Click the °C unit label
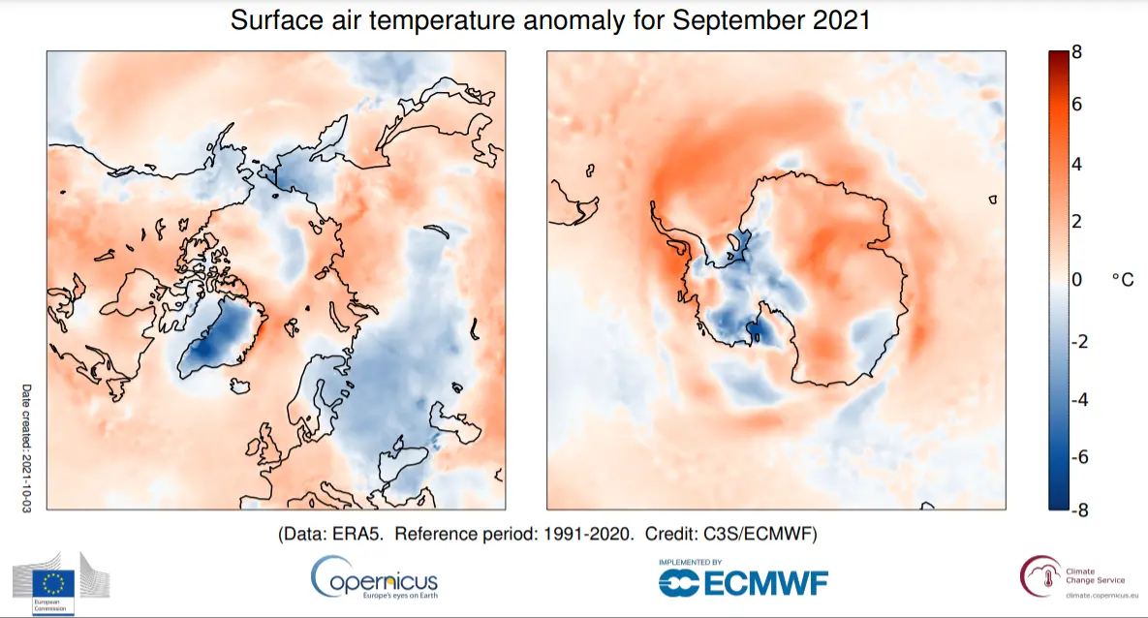[1122, 280]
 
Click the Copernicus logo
[374, 578]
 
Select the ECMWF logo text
[743, 582]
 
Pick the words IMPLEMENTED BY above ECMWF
[690, 562]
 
